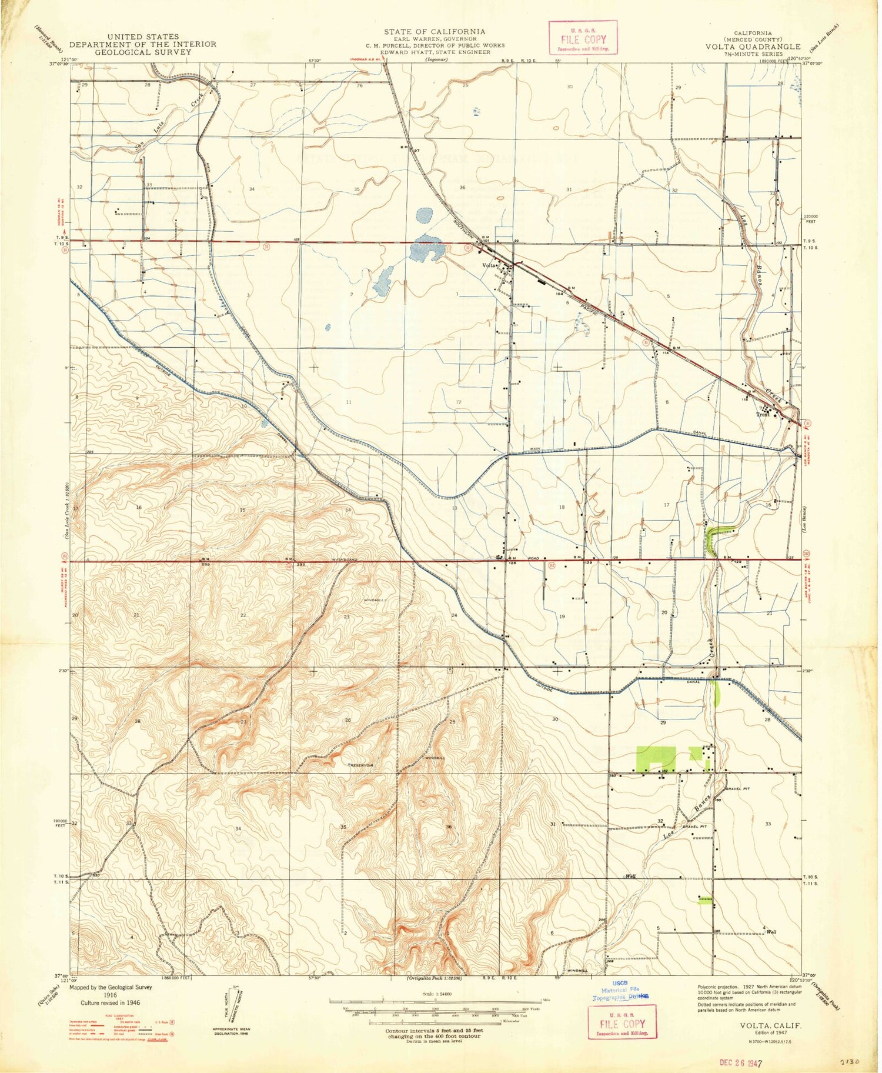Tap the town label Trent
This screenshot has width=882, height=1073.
pyautogui.click(x=762, y=415)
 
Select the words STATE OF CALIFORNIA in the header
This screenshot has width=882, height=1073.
pyautogui.click(x=435, y=31)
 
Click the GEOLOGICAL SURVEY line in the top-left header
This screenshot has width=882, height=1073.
pyautogui.click(x=142, y=52)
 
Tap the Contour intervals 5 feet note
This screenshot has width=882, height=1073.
pyautogui.click(x=434, y=1031)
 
